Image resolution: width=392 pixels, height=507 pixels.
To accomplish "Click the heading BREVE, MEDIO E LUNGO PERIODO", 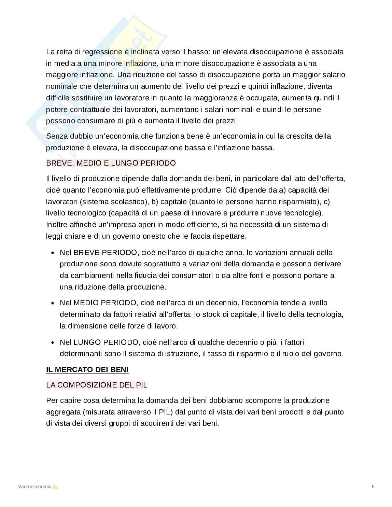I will (x=111, y=163).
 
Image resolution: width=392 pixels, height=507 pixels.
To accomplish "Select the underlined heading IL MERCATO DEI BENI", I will (x=87, y=370).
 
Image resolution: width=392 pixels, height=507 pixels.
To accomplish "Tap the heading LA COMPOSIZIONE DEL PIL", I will (x=97, y=385).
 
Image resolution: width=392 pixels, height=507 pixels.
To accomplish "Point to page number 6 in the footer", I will (x=373, y=487).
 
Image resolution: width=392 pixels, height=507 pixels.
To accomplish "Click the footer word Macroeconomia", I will (x=34, y=487).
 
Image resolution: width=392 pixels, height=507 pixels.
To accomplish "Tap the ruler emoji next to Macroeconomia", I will (x=56, y=487).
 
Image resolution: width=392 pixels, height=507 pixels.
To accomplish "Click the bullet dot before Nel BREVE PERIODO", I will (x=53, y=253).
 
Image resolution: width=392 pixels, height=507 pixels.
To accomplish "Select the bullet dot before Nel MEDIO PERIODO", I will (x=53, y=303).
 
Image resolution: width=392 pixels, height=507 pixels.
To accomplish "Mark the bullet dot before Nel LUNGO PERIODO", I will (x=53, y=343).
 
